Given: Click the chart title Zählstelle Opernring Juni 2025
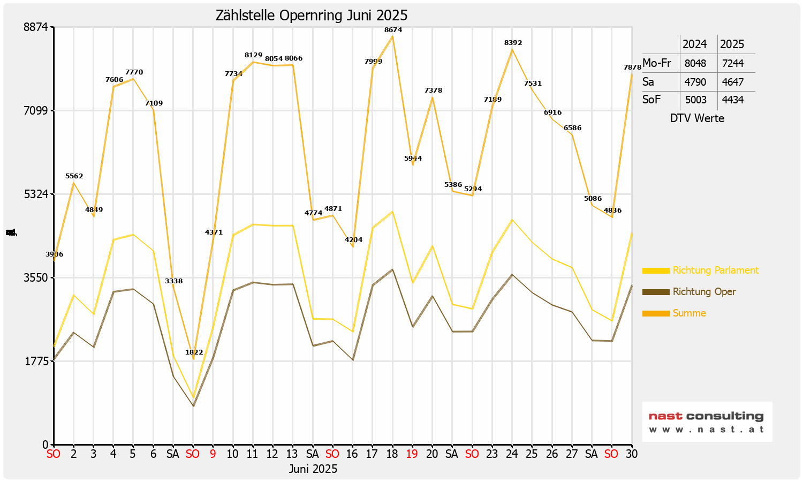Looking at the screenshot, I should (312, 16).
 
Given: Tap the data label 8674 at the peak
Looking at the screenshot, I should (393, 30).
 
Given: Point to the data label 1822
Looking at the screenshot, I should (194, 352).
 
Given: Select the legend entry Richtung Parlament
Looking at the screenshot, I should (715, 270).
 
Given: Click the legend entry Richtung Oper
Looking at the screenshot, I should (704, 292).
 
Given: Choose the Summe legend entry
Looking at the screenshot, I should (689, 313).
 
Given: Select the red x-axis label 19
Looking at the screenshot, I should (412, 454).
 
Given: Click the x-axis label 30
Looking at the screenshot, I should (631, 454).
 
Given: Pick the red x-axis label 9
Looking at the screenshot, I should (213, 454).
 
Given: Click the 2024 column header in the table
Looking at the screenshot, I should (695, 44).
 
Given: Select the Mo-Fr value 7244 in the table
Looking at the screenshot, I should (733, 63).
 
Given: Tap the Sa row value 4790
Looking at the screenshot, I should (695, 82).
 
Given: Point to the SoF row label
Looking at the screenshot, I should (652, 100).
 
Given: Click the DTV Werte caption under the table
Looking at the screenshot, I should (697, 118).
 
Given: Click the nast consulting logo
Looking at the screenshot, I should (707, 421).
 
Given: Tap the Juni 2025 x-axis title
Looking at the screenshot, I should (313, 469).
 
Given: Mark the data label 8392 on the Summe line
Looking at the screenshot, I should (513, 43).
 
